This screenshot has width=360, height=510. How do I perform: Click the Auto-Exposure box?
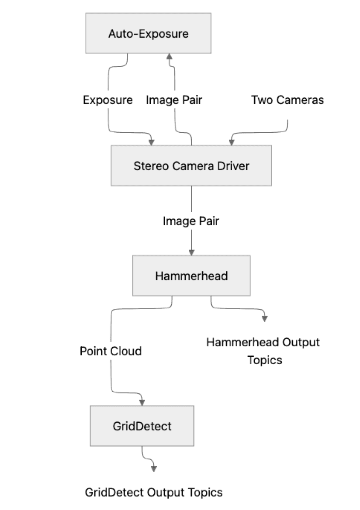(x=149, y=33)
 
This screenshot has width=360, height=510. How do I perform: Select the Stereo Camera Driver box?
(x=191, y=165)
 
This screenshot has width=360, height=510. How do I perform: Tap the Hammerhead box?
(x=191, y=276)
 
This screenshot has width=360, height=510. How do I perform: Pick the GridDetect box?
(x=142, y=426)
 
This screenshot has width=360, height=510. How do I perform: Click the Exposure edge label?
(x=108, y=100)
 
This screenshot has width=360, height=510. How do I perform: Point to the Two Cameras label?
(x=287, y=100)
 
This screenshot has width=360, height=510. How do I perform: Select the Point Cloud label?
(x=111, y=351)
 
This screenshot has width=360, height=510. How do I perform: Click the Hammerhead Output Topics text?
(x=263, y=351)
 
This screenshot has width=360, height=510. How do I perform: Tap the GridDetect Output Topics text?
(x=154, y=493)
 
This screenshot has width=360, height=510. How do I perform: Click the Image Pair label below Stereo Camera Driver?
(x=191, y=221)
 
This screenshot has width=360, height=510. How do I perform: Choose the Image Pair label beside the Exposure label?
(x=174, y=100)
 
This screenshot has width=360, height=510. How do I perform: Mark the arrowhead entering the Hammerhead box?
(x=191, y=252)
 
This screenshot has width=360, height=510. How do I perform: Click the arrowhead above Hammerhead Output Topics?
(x=264, y=318)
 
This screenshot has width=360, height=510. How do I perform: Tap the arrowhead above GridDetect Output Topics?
(x=153, y=468)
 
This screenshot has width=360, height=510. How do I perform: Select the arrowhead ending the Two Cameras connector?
(x=231, y=142)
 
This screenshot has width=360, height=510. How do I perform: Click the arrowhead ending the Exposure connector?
(x=152, y=142)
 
